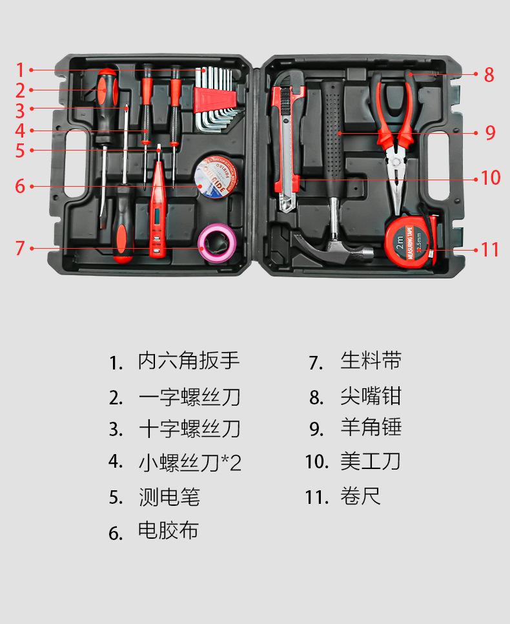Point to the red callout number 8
coord(489,75)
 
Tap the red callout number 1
coord(20,70)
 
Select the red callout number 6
coord(20,187)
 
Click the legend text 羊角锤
coord(371,428)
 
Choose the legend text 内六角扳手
coord(189,361)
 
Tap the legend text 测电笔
coord(169,497)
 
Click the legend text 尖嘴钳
coord(371,395)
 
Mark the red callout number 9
coord(490,133)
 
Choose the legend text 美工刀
coord(371,461)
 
